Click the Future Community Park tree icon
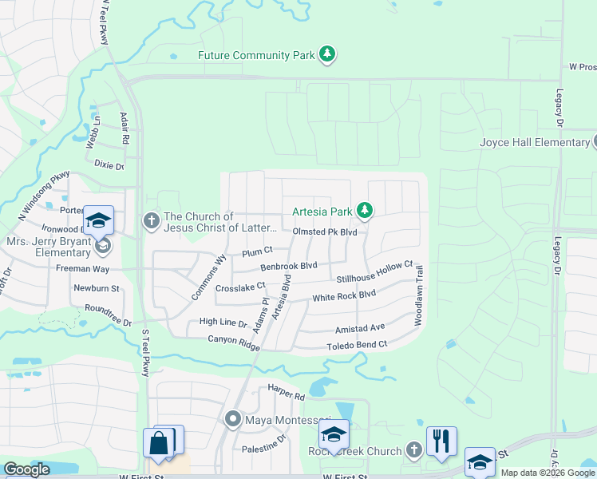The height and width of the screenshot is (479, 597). coord(327,54)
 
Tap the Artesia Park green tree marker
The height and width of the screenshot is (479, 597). coord(365,211)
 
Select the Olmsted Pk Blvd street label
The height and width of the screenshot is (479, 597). coord(324,232)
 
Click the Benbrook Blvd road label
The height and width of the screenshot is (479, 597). coord(289,266)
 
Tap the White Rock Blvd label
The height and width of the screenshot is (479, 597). coord(343,295)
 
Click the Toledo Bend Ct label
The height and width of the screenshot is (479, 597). coord(357,345)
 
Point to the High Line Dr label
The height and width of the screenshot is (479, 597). coord(223,322)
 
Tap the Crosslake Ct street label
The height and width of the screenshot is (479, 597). coord(240,287)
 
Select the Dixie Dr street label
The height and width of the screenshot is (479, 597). coord(109,166)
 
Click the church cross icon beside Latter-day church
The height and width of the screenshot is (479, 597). coord(152,219)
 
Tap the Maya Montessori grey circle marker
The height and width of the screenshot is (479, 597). coord(233,418)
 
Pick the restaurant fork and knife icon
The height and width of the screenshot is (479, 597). coord(441,441)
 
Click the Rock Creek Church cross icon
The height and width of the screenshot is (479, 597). coord(413,450)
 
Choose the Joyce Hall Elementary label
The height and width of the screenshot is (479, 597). coord(535,142)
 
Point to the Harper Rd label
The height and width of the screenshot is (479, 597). coord(287,394)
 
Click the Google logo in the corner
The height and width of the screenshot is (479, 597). coord(26,469)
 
